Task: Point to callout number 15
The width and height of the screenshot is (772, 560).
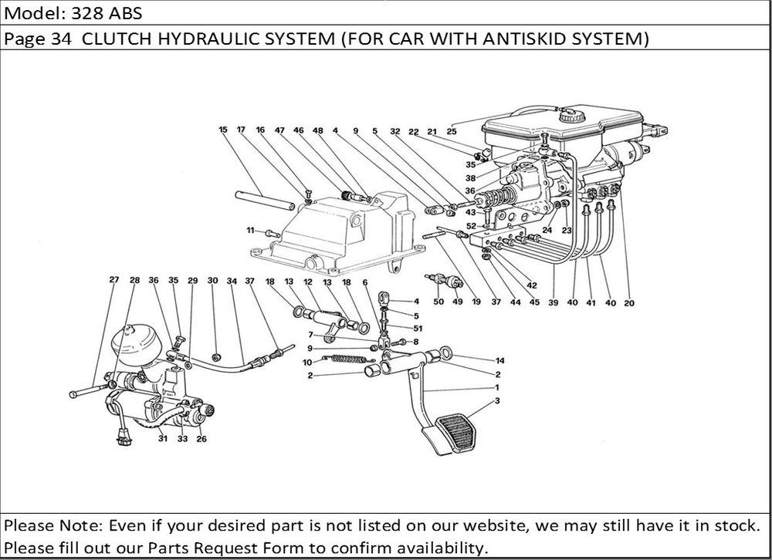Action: pyautogui.click(x=222, y=130)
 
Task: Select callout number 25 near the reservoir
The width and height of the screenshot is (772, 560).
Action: pyautogui.click(x=452, y=130)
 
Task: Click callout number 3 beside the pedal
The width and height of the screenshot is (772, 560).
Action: pyautogui.click(x=499, y=400)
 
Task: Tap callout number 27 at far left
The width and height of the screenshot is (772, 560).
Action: pyautogui.click(x=114, y=280)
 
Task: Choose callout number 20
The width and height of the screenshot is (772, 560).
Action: pyautogui.click(x=628, y=303)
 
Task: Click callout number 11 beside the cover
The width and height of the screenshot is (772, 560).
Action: pyautogui.click(x=250, y=231)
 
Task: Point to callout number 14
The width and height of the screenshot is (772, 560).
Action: pyautogui.click(x=499, y=360)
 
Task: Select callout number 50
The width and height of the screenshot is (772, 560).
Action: pyautogui.click(x=438, y=302)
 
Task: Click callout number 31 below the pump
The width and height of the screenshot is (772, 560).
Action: pyautogui.click(x=163, y=440)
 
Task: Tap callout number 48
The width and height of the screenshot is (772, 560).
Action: pyautogui.click(x=317, y=130)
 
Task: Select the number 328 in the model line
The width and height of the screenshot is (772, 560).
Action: pyautogui.click(x=79, y=13)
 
